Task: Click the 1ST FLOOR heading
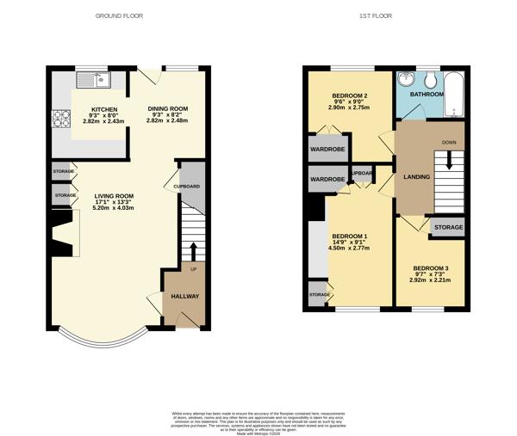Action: tap(384, 15)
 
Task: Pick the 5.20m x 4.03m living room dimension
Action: tap(114, 209)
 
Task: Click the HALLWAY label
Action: tap(184, 297)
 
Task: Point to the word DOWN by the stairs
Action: tap(449, 142)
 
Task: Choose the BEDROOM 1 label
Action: tap(350, 236)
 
